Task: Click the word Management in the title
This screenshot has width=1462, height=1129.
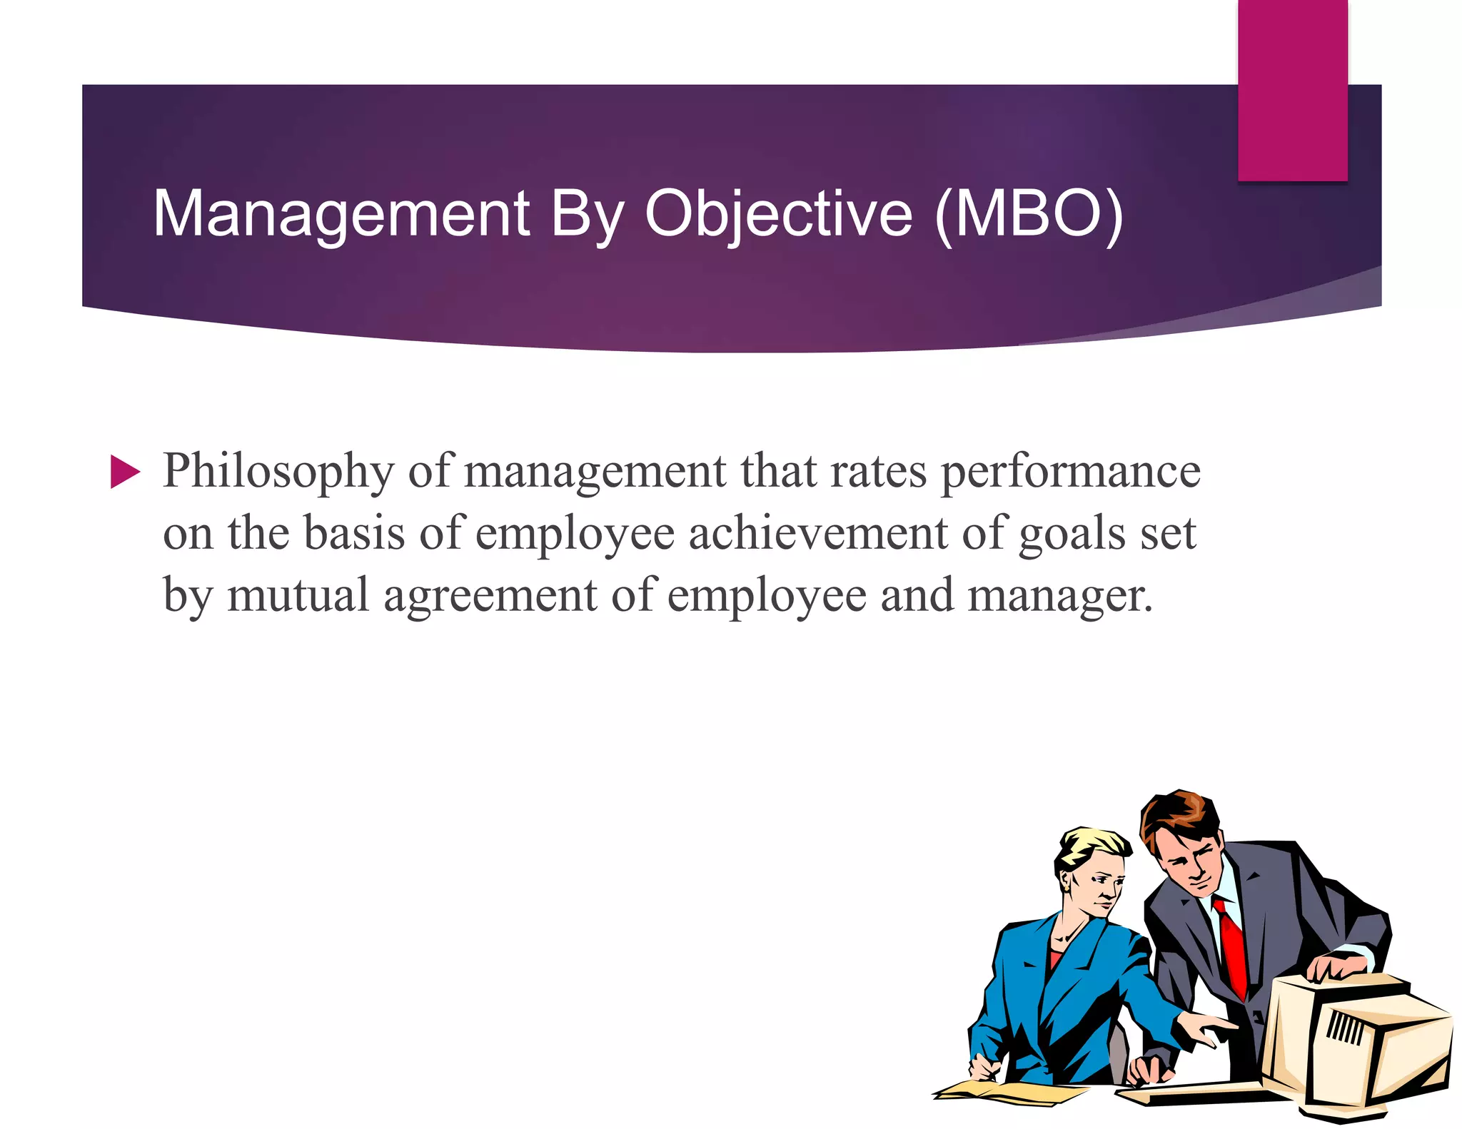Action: tap(341, 213)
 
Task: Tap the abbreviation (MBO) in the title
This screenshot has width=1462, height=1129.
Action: tap(1029, 213)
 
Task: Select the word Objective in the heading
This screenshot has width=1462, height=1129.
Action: tap(778, 213)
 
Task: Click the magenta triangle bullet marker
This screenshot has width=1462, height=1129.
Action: tap(125, 472)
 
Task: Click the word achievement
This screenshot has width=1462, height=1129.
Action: tap(817, 534)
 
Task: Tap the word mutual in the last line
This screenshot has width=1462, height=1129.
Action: tap(298, 596)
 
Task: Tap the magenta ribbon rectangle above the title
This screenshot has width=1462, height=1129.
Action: tap(1292, 89)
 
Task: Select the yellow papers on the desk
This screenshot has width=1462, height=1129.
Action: tap(1007, 1092)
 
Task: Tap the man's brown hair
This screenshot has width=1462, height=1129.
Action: tap(1178, 814)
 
